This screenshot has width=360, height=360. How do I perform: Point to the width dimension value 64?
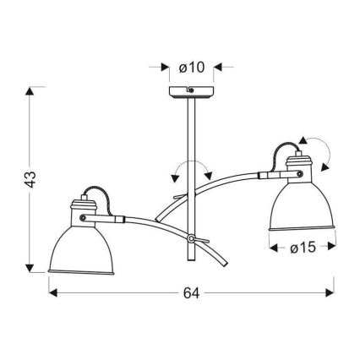pos(191,292)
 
